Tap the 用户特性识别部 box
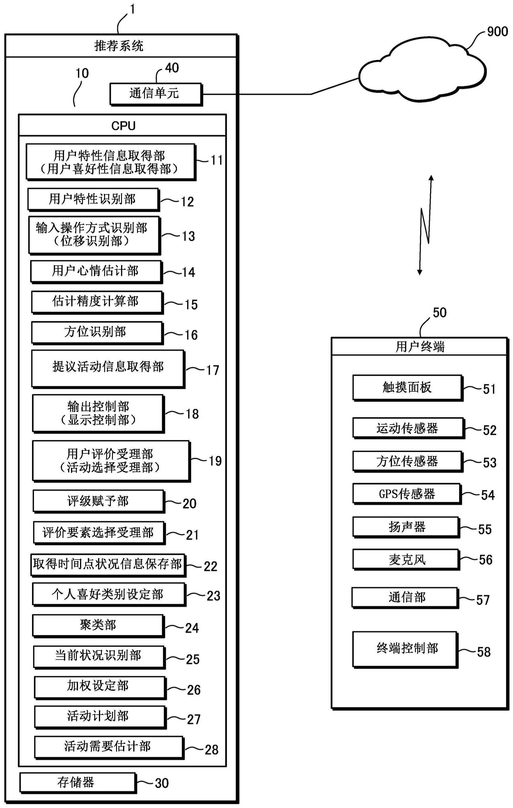tap(93, 199)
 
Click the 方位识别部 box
tap(97, 332)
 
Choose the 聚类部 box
tap(98, 626)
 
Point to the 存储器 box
tap(78, 783)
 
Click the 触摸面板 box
tap(408, 388)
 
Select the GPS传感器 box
tap(407, 494)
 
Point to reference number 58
tap(484, 652)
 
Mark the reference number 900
tap(497, 31)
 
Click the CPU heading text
tap(123, 126)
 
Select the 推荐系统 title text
tap(119, 46)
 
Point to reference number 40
tap(172, 68)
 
